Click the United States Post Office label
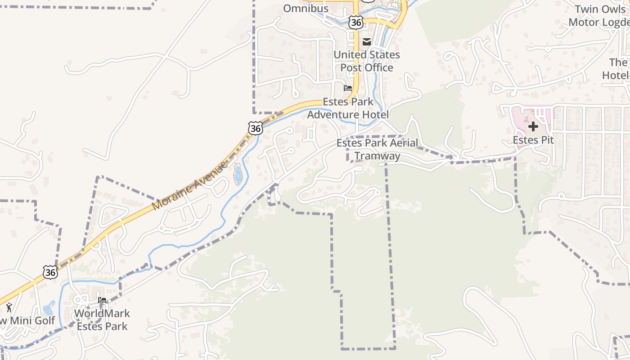tap(366, 61)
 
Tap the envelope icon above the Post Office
tap(367, 42)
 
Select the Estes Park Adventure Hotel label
tap(348, 108)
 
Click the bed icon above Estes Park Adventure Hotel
tap(348, 88)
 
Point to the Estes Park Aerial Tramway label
tap(377, 149)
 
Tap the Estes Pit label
tap(533, 140)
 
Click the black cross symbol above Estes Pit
tap(533, 126)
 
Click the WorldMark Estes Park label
tap(102, 319)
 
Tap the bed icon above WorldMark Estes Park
tap(102, 300)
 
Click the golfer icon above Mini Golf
tap(9, 308)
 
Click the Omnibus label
tap(306, 8)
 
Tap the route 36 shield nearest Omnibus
tap(355, 22)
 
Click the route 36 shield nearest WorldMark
tap(50, 271)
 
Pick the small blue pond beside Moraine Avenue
tap(238, 175)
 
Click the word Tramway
tap(377, 156)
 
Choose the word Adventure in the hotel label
tap(333, 115)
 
